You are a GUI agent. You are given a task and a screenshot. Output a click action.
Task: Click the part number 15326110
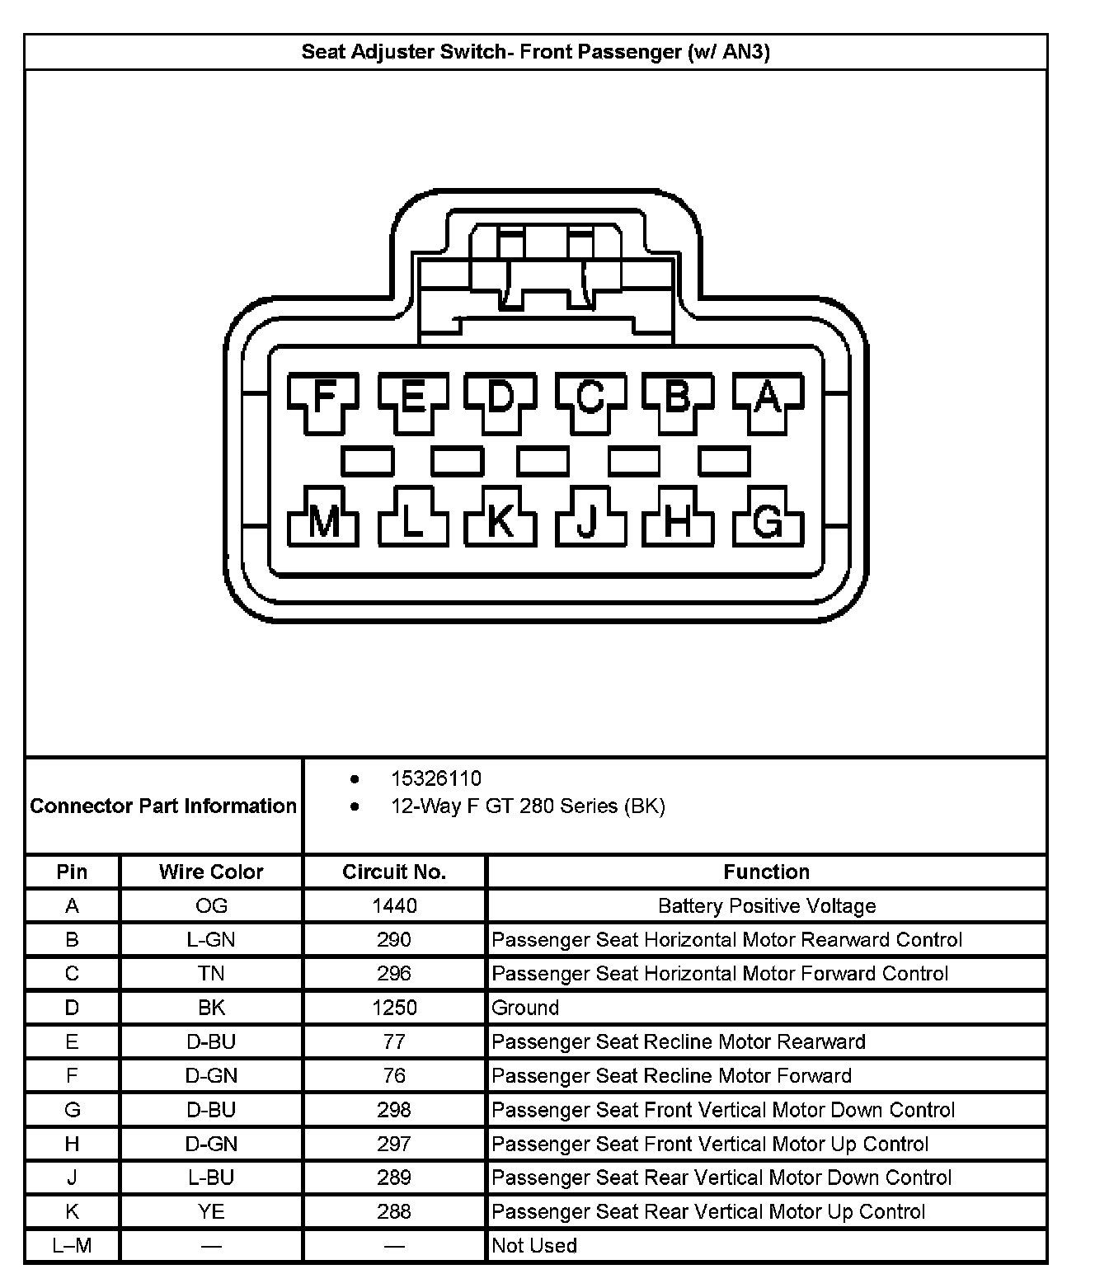(436, 778)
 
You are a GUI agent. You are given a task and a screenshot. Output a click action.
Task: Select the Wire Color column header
(211, 872)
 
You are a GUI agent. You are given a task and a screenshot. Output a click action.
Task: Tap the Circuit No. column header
(394, 872)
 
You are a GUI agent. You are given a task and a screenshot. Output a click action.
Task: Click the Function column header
(766, 872)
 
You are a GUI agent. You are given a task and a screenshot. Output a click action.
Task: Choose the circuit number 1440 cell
(394, 905)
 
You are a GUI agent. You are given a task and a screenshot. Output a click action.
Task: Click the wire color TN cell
(211, 974)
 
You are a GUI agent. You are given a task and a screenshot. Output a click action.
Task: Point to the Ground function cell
(525, 1008)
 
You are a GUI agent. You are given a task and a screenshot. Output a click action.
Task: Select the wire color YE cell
(211, 1211)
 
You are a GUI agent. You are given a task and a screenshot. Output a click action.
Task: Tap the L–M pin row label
(72, 1245)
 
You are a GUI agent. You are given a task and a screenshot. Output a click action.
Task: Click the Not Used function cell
(534, 1245)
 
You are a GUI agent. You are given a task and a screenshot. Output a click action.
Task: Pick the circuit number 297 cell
(394, 1144)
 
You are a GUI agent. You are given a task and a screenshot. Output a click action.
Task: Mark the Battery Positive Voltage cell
(766, 906)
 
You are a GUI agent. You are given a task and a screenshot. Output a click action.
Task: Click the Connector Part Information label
(163, 806)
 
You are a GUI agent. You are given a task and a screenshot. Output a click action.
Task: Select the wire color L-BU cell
(211, 1178)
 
